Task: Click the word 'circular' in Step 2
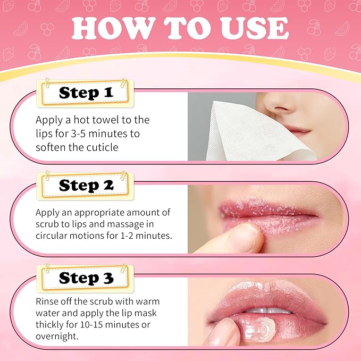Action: pyautogui.click(x=54, y=234)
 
